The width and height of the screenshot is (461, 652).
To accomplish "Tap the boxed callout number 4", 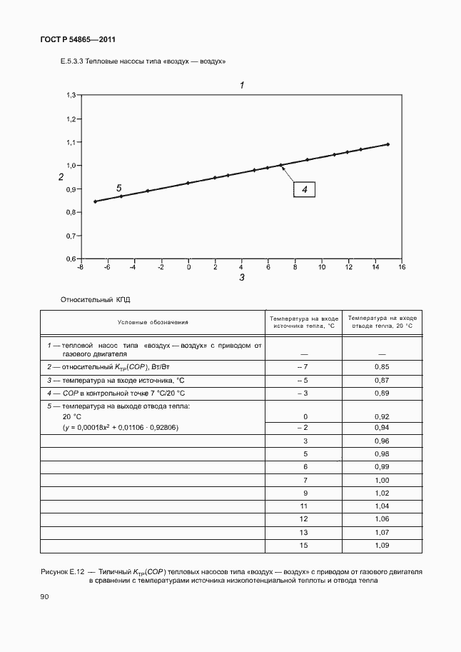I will click(x=303, y=189).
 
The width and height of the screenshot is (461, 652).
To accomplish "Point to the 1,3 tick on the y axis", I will click(x=71, y=95).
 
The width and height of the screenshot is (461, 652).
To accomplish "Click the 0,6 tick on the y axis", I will click(x=71, y=258).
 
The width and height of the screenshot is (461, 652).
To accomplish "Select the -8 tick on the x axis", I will click(x=80, y=267).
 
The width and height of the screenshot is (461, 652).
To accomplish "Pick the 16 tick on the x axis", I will click(x=402, y=267).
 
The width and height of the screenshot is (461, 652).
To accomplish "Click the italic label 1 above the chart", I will click(x=242, y=85).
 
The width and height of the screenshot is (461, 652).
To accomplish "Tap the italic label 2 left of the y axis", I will click(x=61, y=177).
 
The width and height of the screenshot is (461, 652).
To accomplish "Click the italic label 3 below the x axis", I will click(x=242, y=278).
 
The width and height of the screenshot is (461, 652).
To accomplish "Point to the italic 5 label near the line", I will click(x=119, y=188).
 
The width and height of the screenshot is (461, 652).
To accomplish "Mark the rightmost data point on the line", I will click(x=387, y=144).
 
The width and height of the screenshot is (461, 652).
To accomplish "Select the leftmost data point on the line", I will click(x=95, y=201).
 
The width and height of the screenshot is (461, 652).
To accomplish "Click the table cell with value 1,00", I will click(x=382, y=480).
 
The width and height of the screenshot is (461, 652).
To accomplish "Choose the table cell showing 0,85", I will click(x=382, y=366).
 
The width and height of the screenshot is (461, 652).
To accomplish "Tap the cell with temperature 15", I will click(x=305, y=546).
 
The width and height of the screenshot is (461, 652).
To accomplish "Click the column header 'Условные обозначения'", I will click(x=153, y=322).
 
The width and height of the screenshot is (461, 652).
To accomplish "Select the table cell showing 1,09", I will click(x=382, y=546).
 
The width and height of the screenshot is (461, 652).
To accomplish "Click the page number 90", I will click(x=44, y=596).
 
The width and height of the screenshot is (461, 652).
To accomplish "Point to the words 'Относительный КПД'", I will click(x=96, y=301).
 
